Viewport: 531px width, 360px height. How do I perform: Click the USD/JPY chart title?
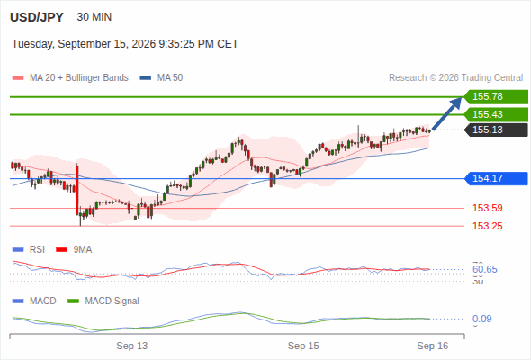click(37, 17)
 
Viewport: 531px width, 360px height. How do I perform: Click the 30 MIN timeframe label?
click(94, 17)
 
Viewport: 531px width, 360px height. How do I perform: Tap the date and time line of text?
click(125, 44)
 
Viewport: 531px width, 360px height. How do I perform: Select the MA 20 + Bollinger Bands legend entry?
click(70, 78)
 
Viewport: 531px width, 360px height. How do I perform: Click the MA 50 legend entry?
click(161, 78)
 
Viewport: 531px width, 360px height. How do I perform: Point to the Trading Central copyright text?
click(455, 78)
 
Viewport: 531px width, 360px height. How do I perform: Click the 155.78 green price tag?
click(496, 97)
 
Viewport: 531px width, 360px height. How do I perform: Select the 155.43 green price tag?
click(496, 114)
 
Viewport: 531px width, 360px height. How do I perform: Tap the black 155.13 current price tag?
click(496, 130)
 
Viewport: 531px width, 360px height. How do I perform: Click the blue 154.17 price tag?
click(496, 178)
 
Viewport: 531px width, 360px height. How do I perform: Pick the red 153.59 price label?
click(487, 208)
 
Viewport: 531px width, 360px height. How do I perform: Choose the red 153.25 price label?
click(487, 226)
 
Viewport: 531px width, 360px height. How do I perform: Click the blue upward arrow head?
click(456, 103)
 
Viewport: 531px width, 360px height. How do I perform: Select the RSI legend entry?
click(29, 249)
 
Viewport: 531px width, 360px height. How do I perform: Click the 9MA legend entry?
click(74, 249)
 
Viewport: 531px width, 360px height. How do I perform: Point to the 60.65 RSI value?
click(485, 270)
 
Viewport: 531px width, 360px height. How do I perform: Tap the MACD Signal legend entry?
click(103, 301)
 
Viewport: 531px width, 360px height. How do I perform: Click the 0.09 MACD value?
click(481, 319)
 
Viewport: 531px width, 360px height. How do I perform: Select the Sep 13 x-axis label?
click(132, 346)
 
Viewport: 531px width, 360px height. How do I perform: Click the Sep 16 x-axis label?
click(433, 346)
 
